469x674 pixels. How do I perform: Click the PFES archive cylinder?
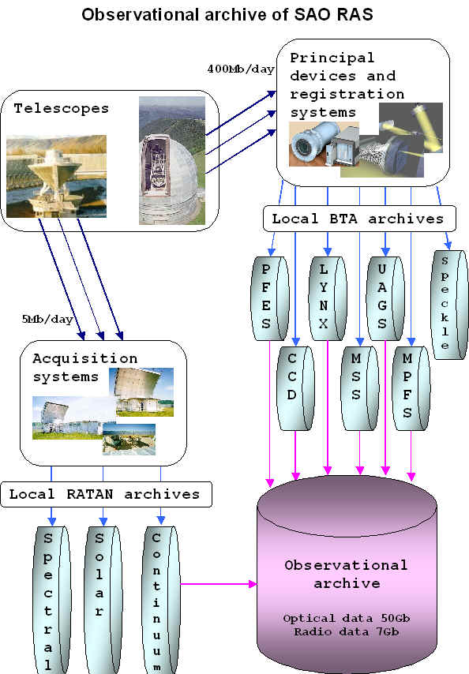tap(269, 298)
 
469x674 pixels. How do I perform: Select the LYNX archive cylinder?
tap(328, 298)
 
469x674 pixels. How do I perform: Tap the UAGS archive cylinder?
tap(385, 298)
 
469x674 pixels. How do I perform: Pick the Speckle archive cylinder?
tap(448, 305)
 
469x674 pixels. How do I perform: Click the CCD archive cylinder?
tap(295, 388)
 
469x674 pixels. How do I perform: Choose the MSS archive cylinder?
tap(360, 388)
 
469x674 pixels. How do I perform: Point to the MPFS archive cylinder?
tap(411, 388)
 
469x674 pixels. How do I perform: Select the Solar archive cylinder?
tap(103, 600)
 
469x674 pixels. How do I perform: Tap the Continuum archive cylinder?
tap(161, 600)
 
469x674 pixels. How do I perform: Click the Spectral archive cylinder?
tap(52, 600)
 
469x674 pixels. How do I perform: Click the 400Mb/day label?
tap(241, 69)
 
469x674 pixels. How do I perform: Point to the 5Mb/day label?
tap(47, 319)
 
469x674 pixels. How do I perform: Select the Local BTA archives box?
tap(359, 219)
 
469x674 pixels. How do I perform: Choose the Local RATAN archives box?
tap(106, 494)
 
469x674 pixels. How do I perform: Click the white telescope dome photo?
tap(172, 160)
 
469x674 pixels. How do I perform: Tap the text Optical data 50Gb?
tap(347, 619)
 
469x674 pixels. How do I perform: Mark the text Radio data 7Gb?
tap(347, 632)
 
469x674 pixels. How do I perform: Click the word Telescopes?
tap(62, 108)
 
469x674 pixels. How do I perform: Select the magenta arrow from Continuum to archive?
tap(219, 584)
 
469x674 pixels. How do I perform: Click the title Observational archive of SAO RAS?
tap(227, 15)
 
